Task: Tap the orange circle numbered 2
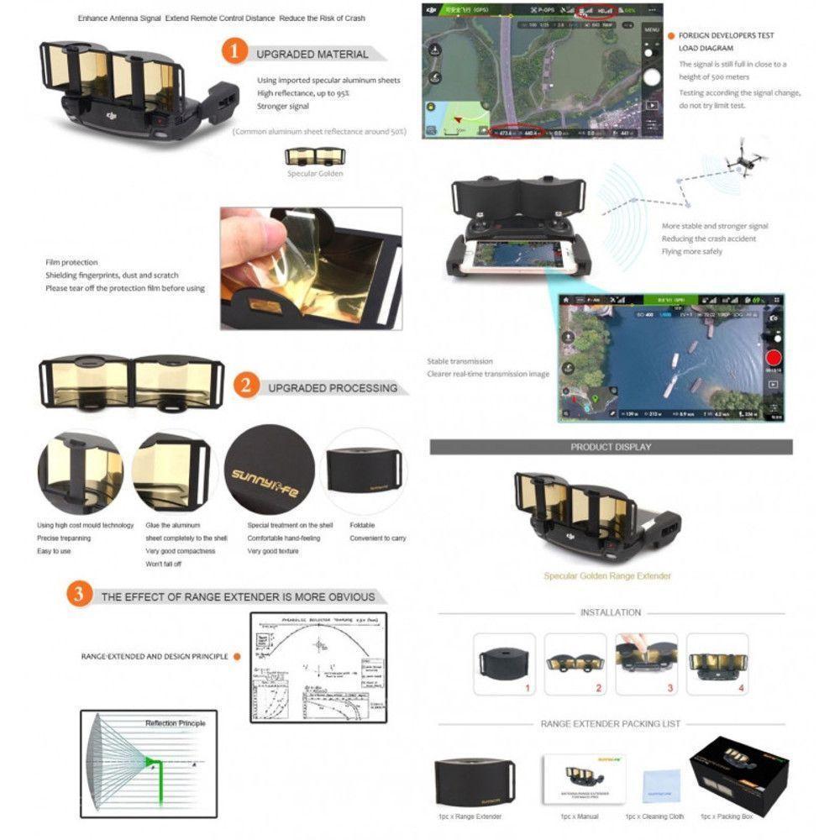tap(245, 386)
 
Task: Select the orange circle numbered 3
tap(80, 595)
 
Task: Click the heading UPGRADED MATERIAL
tap(312, 54)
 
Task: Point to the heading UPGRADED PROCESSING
tap(333, 388)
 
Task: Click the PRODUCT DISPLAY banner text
tap(611, 447)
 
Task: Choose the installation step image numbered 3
tap(647, 658)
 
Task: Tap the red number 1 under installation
tap(528, 688)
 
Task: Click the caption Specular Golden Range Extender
tap(606, 576)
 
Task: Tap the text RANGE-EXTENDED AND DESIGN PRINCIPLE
tap(155, 656)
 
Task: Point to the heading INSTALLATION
tap(610, 612)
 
